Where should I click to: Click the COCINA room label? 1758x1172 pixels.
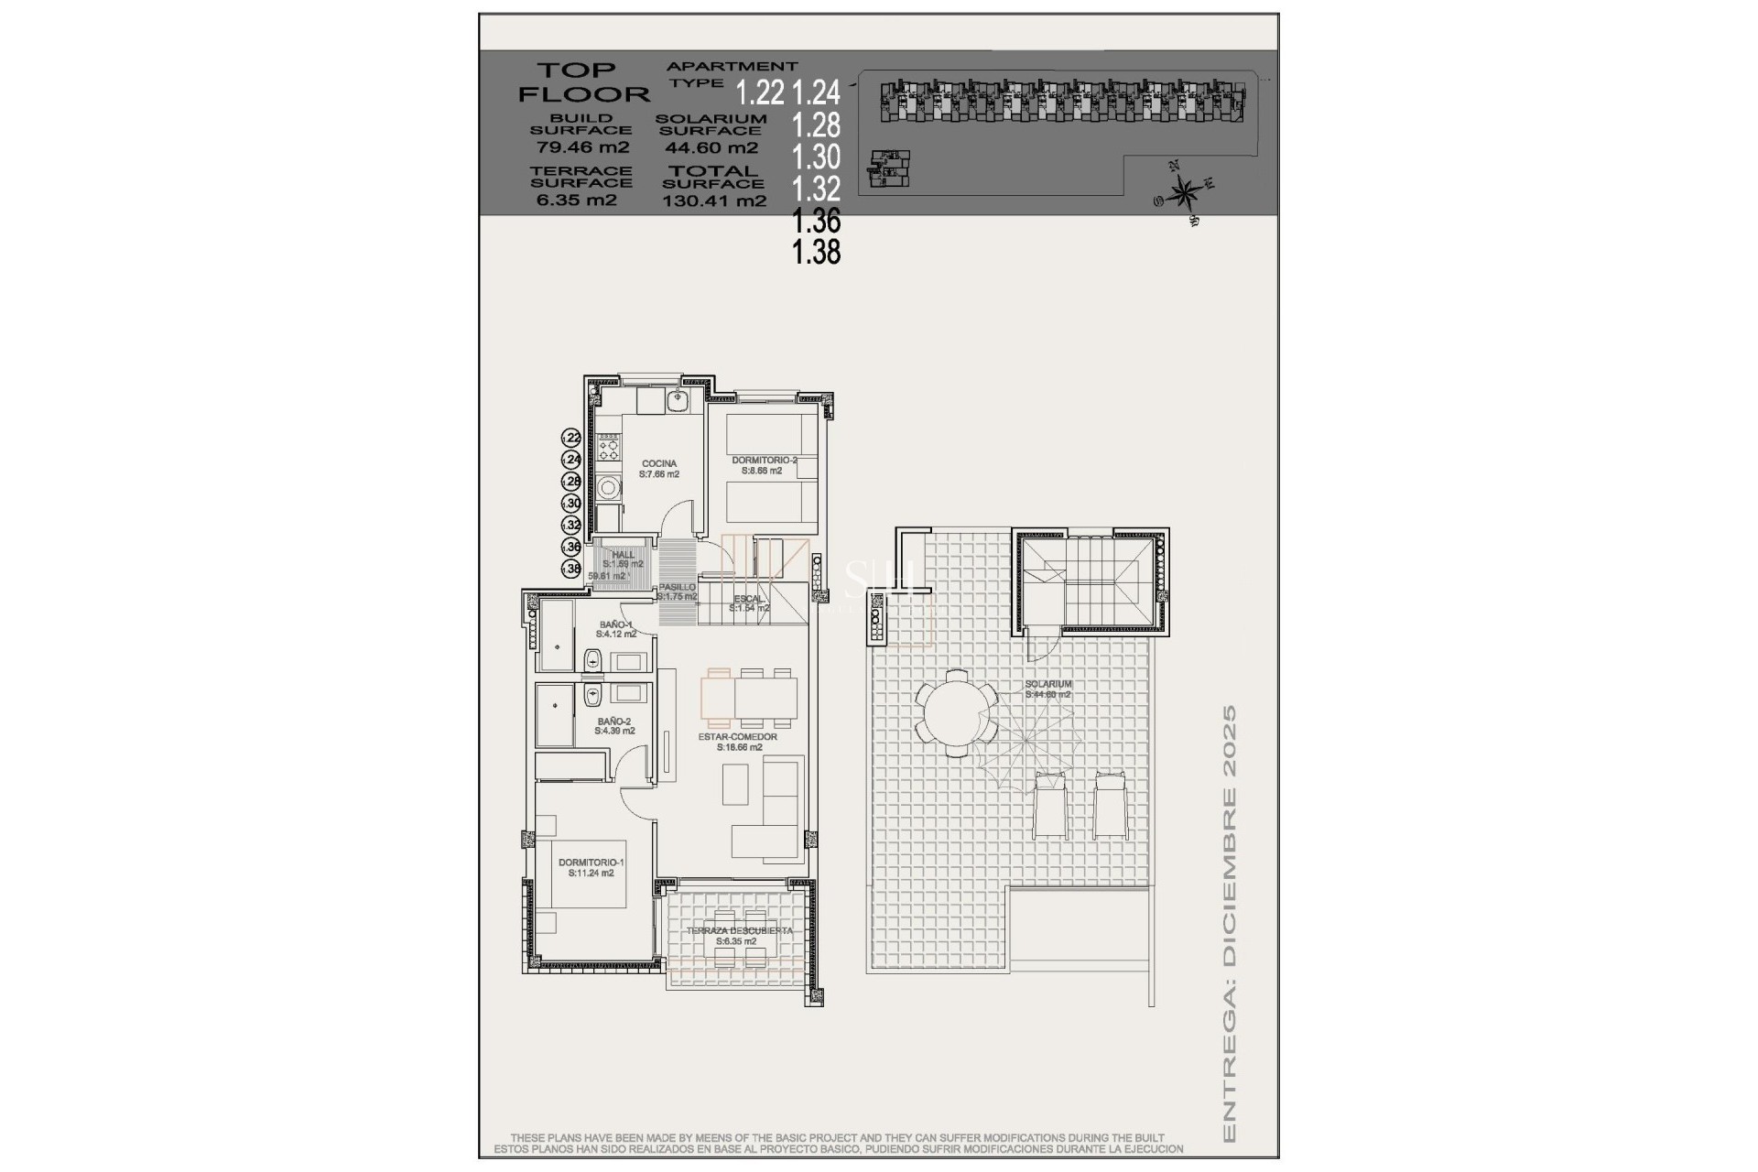click(x=658, y=464)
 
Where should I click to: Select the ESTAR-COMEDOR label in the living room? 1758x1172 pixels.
click(x=738, y=737)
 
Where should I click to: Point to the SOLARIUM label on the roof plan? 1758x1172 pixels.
click(x=1048, y=684)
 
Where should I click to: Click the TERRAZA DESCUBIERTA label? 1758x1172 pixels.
click(x=739, y=931)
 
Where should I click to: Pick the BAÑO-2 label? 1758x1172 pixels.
click(x=614, y=722)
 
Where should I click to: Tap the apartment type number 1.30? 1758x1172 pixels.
click(x=816, y=156)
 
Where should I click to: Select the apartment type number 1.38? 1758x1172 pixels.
click(x=816, y=251)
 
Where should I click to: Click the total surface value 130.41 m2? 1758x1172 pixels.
click(x=714, y=201)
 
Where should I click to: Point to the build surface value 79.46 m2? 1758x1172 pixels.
click(x=581, y=146)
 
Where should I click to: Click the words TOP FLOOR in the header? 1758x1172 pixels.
click(x=582, y=81)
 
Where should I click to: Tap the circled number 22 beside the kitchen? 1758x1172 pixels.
click(x=571, y=438)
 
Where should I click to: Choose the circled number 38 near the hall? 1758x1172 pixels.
click(x=571, y=569)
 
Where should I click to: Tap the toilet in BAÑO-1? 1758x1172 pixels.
click(x=591, y=659)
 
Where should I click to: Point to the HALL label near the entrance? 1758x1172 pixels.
click(x=624, y=555)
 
